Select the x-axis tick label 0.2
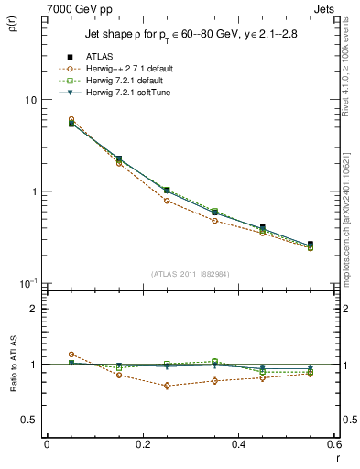(x=142, y=445)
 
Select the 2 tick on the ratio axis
(x=34, y=309)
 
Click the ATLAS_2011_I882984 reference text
(x=190, y=274)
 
